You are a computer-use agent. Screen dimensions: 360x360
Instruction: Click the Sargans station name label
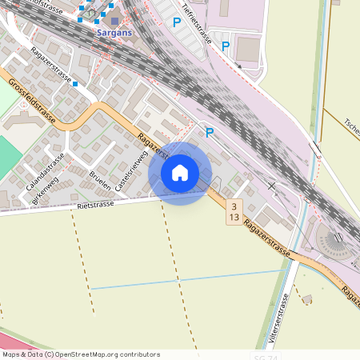114,34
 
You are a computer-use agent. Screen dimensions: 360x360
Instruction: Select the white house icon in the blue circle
180,172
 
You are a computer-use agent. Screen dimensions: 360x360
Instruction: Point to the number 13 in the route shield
234,217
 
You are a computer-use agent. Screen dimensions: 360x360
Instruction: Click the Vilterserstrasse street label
282,317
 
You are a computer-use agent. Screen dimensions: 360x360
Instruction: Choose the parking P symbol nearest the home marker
210,132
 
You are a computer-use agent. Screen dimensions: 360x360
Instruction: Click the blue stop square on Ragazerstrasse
75,82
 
